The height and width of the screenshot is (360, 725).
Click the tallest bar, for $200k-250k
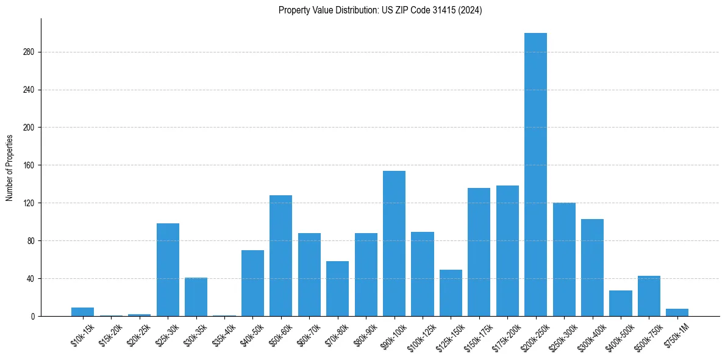(x=535, y=175)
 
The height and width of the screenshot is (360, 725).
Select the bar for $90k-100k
(x=394, y=243)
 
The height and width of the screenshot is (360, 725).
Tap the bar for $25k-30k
(x=168, y=270)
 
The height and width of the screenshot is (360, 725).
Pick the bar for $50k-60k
(x=280, y=256)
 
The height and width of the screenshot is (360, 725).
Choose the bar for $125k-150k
(x=451, y=293)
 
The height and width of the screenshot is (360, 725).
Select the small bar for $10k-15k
(x=83, y=312)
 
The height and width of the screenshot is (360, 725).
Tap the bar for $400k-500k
(x=621, y=303)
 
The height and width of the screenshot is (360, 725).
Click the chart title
(x=380, y=10)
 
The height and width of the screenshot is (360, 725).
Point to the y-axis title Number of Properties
(x=10, y=167)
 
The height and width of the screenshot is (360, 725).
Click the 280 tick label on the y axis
(x=29, y=52)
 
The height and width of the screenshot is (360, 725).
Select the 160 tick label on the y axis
(x=29, y=165)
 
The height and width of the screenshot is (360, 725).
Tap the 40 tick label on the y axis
(x=31, y=279)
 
